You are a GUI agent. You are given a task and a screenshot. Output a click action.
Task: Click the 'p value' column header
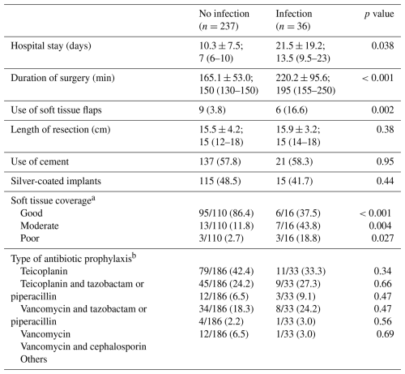379,14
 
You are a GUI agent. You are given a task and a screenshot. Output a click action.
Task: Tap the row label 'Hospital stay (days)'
51,46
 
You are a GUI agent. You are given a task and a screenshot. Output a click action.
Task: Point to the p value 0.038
382,45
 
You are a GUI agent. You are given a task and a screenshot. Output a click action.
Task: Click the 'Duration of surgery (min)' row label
62,78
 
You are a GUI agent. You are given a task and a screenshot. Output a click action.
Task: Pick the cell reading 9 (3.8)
212,110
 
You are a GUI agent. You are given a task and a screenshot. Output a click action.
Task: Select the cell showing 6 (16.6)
292,110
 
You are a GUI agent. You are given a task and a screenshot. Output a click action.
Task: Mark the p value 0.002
382,110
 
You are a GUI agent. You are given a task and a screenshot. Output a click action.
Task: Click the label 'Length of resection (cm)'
61,130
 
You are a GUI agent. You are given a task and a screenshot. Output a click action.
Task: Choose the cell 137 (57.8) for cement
220,161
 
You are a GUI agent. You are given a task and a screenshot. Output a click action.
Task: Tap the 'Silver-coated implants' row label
56,181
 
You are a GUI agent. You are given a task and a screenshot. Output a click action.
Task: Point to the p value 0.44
385,181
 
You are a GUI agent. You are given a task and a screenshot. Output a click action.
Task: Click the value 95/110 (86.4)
226,213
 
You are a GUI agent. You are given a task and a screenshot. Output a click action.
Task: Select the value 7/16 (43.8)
298,226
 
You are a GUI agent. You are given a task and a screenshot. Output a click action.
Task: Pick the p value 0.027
382,239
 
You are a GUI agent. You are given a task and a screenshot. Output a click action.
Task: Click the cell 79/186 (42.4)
226,271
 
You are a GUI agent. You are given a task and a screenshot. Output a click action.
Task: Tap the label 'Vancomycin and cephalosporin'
83,346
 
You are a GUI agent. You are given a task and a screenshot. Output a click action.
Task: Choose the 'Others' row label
34,359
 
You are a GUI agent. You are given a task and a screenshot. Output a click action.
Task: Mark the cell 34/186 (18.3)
226,309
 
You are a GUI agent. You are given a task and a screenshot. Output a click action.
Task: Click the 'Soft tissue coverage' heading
53,200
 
